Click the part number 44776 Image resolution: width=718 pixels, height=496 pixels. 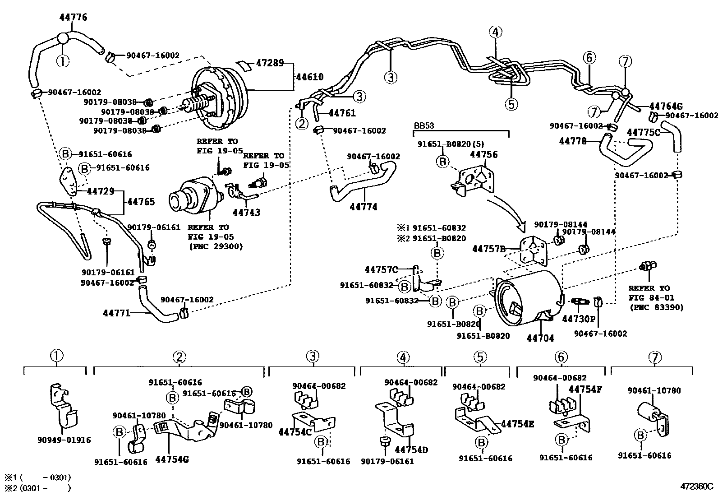[x=73, y=18]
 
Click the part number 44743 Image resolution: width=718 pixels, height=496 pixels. [x=246, y=212]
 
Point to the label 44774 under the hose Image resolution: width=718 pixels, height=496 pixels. [x=364, y=207]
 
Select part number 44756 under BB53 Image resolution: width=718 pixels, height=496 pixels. [x=483, y=155]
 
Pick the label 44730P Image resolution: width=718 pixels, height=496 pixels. [x=579, y=319]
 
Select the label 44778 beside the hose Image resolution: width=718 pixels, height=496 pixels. [x=572, y=141]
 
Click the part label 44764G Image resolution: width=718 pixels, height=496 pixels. [x=666, y=107]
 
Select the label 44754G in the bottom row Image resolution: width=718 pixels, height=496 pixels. [x=172, y=459]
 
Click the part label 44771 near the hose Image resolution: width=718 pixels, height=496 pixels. [x=116, y=312]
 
